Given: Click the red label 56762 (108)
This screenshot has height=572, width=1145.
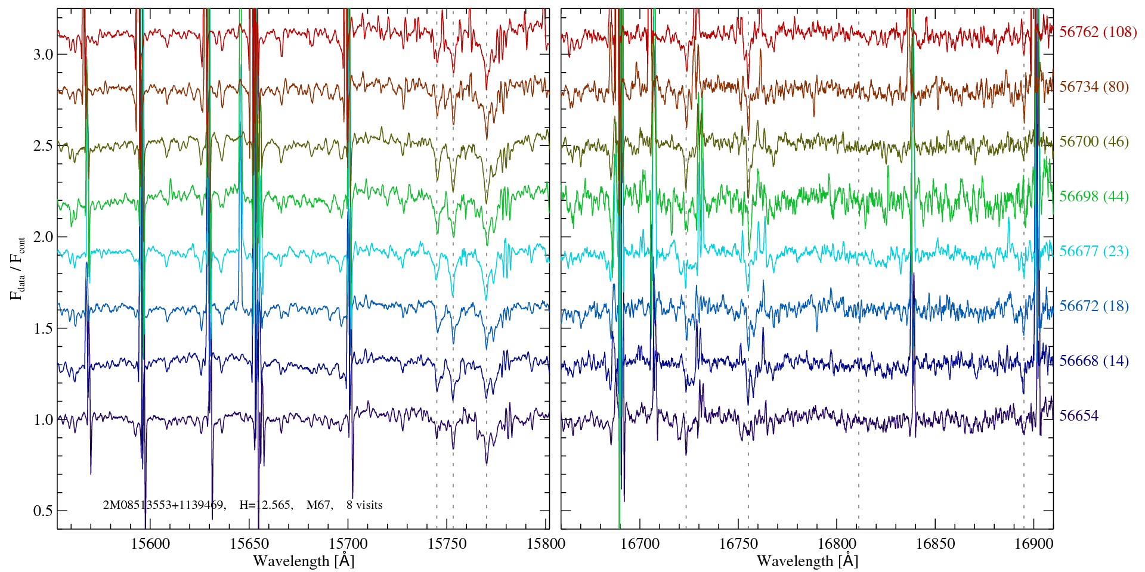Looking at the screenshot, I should (1097, 32).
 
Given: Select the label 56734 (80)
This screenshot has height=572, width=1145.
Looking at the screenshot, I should (1094, 87).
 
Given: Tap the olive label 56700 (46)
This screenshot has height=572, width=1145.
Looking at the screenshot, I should (1094, 142).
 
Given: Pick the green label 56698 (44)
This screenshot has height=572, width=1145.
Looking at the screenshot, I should (1094, 197).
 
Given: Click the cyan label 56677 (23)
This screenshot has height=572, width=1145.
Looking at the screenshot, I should (1094, 251).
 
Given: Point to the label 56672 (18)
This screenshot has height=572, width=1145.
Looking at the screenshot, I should (1094, 306).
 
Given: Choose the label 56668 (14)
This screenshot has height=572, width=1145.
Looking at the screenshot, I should (1094, 361).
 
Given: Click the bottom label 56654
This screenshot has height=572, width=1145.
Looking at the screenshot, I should (1078, 416).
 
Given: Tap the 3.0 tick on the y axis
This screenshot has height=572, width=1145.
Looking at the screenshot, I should (43, 55).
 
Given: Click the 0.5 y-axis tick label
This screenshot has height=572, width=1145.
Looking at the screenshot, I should (43, 511).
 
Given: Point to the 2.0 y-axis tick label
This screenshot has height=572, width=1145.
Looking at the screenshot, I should (43, 237).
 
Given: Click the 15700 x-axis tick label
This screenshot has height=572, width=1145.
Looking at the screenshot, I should (348, 544).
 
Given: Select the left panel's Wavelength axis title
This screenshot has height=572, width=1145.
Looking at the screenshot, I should (304, 561).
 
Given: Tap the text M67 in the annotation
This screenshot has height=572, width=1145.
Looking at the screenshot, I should (318, 505).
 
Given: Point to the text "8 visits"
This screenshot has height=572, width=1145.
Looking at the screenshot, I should (364, 505).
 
